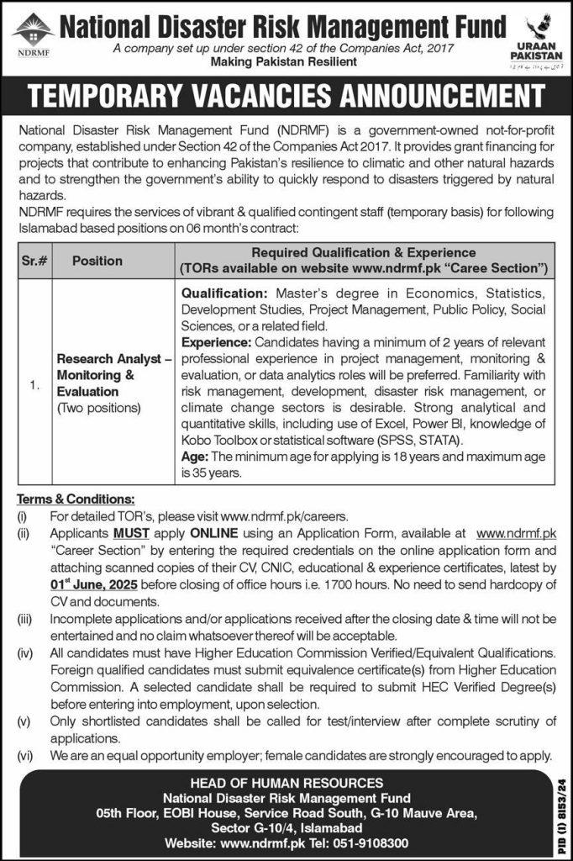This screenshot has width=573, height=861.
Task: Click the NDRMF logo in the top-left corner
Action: (31, 34)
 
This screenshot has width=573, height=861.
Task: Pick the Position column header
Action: (97, 261)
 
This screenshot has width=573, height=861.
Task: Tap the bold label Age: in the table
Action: (194, 457)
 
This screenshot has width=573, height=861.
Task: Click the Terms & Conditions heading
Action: (75, 499)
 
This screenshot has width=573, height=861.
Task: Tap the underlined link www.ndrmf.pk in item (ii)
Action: (515, 534)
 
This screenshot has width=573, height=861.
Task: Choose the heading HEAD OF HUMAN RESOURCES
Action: (286, 784)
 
